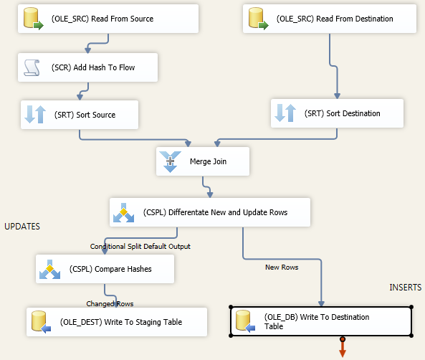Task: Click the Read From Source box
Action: [x=108, y=18]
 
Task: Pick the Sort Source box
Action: [x=79, y=114]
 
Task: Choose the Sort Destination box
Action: [x=337, y=113]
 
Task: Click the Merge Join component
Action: [x=203, y=161]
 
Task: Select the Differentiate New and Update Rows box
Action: [x=209, y=212]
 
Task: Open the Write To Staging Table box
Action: [x=116, y=322]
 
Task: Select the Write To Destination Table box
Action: [x=321, y=321]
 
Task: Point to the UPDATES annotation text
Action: [x=22, y=227]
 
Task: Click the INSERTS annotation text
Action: [x=406, y=288]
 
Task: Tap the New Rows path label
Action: [x=282, y=267]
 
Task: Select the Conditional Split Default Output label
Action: [x=140, y=246]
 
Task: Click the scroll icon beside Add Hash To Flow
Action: [x=32, y=67]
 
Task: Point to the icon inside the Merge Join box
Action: [x=170, y=161]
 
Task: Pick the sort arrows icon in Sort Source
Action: [x=35, y=114]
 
